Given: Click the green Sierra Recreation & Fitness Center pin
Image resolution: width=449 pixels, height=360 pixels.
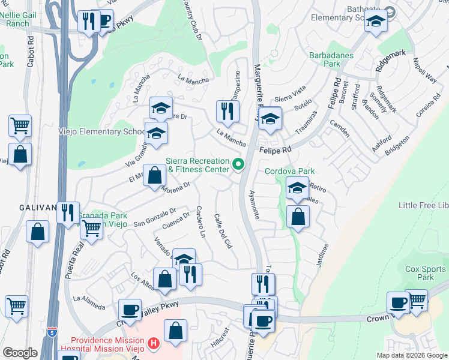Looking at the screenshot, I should pyautogui.click(x=238, y=164).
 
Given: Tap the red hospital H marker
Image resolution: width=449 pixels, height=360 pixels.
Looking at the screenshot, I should pyautogui.click(x=154, y=344).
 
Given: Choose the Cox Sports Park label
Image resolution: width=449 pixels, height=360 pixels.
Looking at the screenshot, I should pyautogui.click(x=419, y=273).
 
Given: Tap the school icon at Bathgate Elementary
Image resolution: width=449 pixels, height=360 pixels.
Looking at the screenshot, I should pyautogui.click(x=376, y=22).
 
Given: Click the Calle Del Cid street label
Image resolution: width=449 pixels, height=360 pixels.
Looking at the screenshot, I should pyautogui.click(x=223, y=232).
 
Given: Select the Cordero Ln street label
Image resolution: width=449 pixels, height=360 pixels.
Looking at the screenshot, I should pyautogui.click(x=201, y=223).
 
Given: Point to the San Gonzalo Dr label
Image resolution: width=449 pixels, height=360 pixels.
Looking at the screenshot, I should pyautogui.click(x=154, y=217).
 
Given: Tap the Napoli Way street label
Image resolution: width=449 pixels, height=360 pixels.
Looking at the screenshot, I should pyautogui.click(x=424, y=69).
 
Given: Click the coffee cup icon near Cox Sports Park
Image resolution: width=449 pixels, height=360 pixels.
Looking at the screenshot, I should pyautogui.click(x=397, y=302).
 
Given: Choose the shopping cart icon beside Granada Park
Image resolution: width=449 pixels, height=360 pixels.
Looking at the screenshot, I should pyautogui.click(x=91, y=228).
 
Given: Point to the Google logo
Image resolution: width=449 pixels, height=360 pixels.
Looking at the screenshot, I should pyautogui.click(x=20, y=353).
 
